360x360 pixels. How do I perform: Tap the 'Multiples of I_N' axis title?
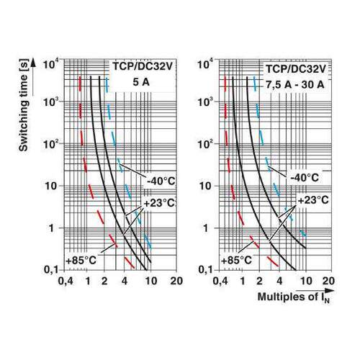coord(294,297)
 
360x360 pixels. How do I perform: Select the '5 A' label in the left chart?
coord(141,82)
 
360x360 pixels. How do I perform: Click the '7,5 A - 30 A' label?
coord(295,84)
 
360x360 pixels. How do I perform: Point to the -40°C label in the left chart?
coord(161,181)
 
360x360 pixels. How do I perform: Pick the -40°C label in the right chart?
coord(305,178)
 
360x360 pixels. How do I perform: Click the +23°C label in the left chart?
coord(159,203)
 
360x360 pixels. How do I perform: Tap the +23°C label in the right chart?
coord(313,200)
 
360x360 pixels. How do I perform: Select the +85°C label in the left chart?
coord(81,260)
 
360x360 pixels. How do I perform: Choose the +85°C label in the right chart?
coord(236,261)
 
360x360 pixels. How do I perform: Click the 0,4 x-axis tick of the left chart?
coord(66,281)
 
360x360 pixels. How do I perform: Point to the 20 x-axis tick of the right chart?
coord(328,281)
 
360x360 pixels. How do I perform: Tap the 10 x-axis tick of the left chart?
coord(150,281)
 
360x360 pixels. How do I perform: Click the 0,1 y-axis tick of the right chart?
coord(206,270)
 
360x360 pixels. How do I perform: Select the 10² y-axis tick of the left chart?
coord(50,145)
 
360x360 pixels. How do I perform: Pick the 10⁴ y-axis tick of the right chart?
coord(205,64)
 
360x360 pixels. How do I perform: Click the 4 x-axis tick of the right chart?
coord(279,281)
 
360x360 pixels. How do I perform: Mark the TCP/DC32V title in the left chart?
coord(143,67)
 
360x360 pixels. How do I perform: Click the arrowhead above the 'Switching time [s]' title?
coord(33,63)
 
